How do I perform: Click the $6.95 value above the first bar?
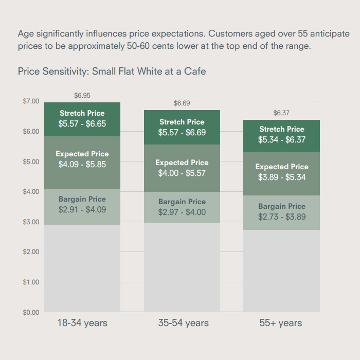click(x=82, y=96)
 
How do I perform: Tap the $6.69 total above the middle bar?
click(x=182, y=103)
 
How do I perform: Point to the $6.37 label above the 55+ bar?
click(x=281, y=113)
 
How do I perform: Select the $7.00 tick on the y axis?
click(x=31, y=101)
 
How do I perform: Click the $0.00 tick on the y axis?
click(x=31, y=312)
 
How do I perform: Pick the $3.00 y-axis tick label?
click(x=31, y=222)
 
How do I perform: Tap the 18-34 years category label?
click(x=82, y=323)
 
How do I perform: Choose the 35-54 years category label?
click(x=183, y=323)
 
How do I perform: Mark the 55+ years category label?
click(x=281, y=323)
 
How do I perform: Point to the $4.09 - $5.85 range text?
click(x=82, y=165)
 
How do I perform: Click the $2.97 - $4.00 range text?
click(x=182, y=212)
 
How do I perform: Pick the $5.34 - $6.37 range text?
click(x=282, y=140)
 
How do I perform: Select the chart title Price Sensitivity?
click(x=112, y=71)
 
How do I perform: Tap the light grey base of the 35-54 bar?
click(x=182, y=267)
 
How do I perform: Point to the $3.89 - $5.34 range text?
click(x=282, y=177)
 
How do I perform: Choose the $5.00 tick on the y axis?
click(x=31, y=161)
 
